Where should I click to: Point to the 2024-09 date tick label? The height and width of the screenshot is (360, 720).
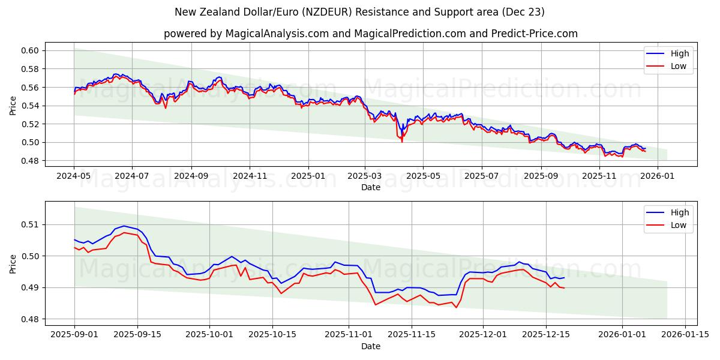191,176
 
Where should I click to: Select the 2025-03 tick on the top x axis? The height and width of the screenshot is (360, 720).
365,176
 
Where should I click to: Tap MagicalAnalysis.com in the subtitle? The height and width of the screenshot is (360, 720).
277,34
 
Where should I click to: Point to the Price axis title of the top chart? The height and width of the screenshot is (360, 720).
13,106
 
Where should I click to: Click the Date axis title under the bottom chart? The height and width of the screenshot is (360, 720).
370,346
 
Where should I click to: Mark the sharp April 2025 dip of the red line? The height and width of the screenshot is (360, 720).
402,142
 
